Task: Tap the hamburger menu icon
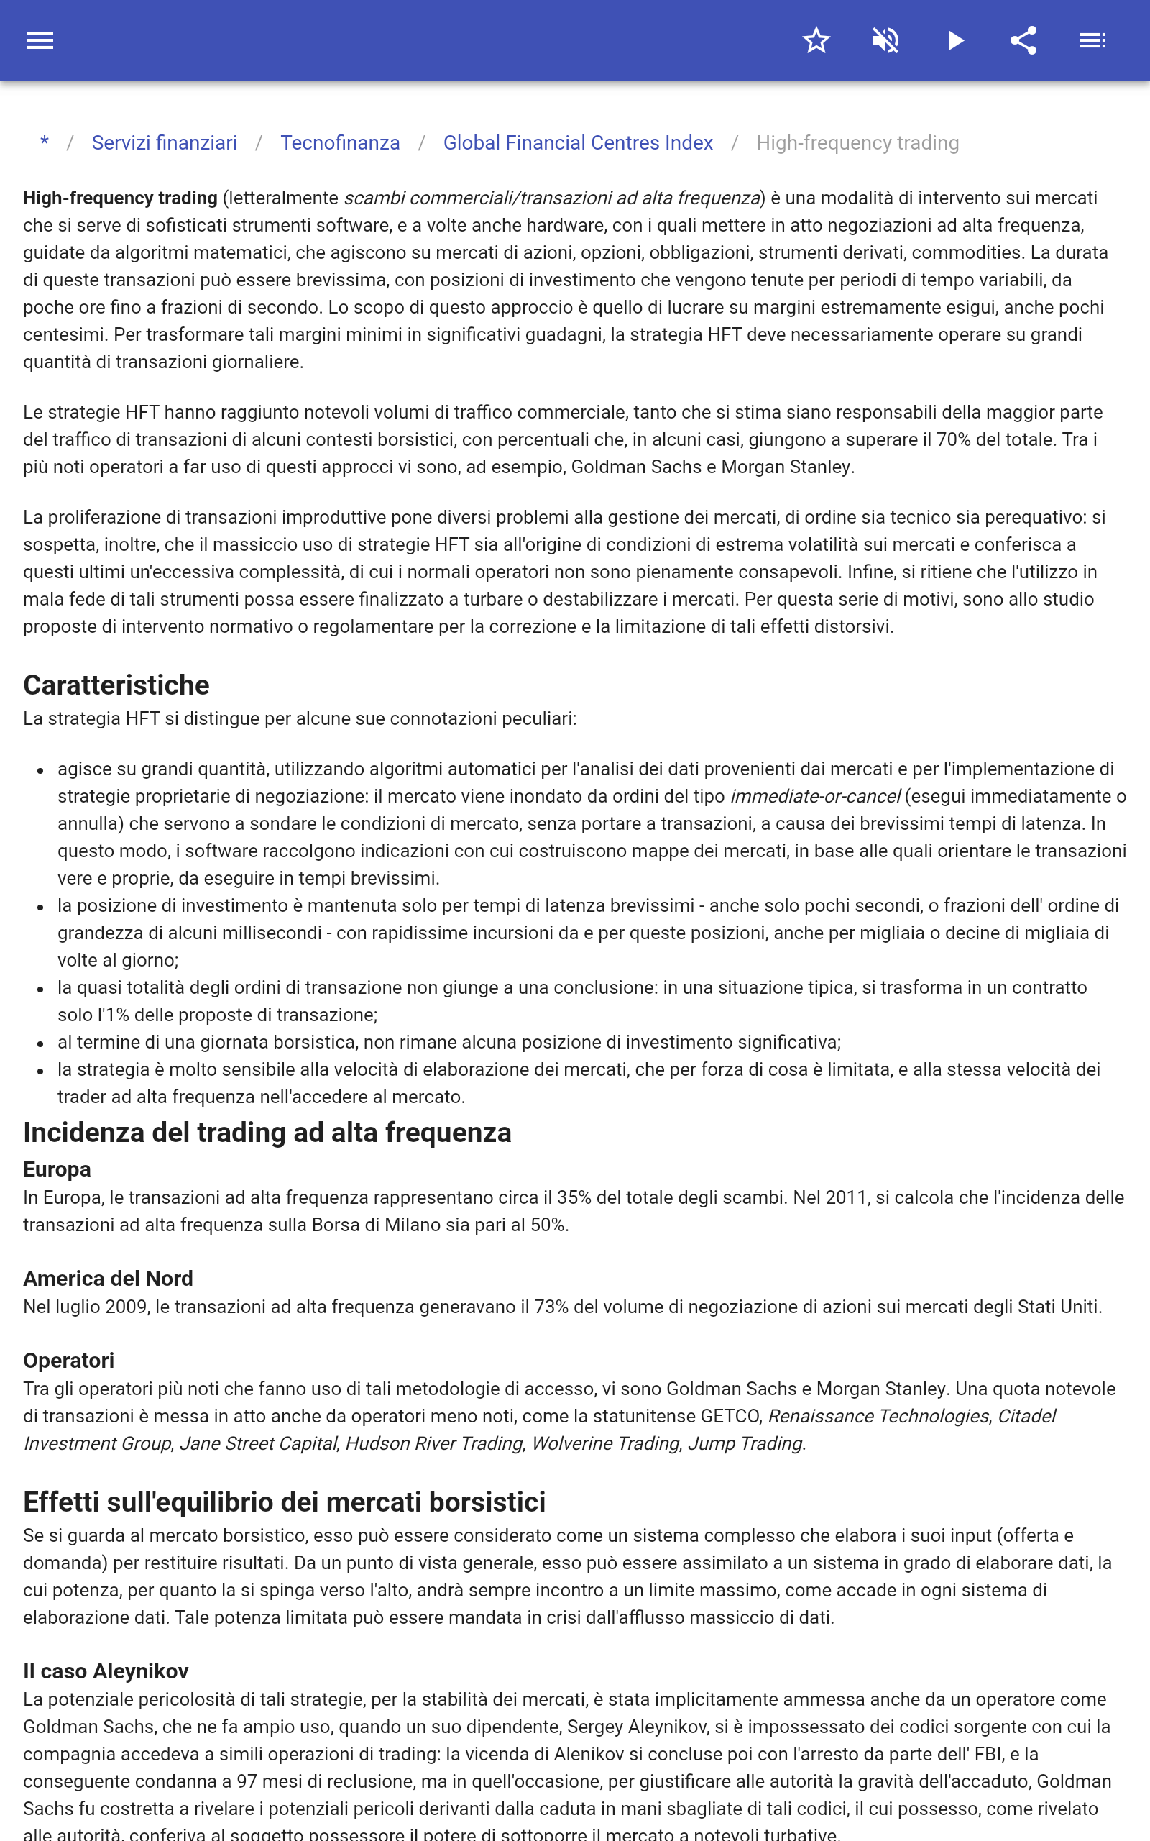(40, 40)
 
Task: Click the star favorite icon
(816, 40)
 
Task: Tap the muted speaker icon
(885, 40)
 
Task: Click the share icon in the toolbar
(1023, 40)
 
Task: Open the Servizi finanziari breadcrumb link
(165, 143)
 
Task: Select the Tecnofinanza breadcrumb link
(340, 143)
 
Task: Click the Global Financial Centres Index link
(578, 143)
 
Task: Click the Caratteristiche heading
(116, 685)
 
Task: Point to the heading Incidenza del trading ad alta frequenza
(267, 1132)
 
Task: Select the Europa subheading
(57, 1169)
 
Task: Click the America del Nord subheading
(108, 1278)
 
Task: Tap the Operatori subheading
(68, 1360)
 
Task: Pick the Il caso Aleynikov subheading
(106, 1671)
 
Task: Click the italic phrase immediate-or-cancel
(814, 797)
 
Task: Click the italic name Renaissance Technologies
(878, 1417)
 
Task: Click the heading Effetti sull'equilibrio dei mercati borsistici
(285, 1502)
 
